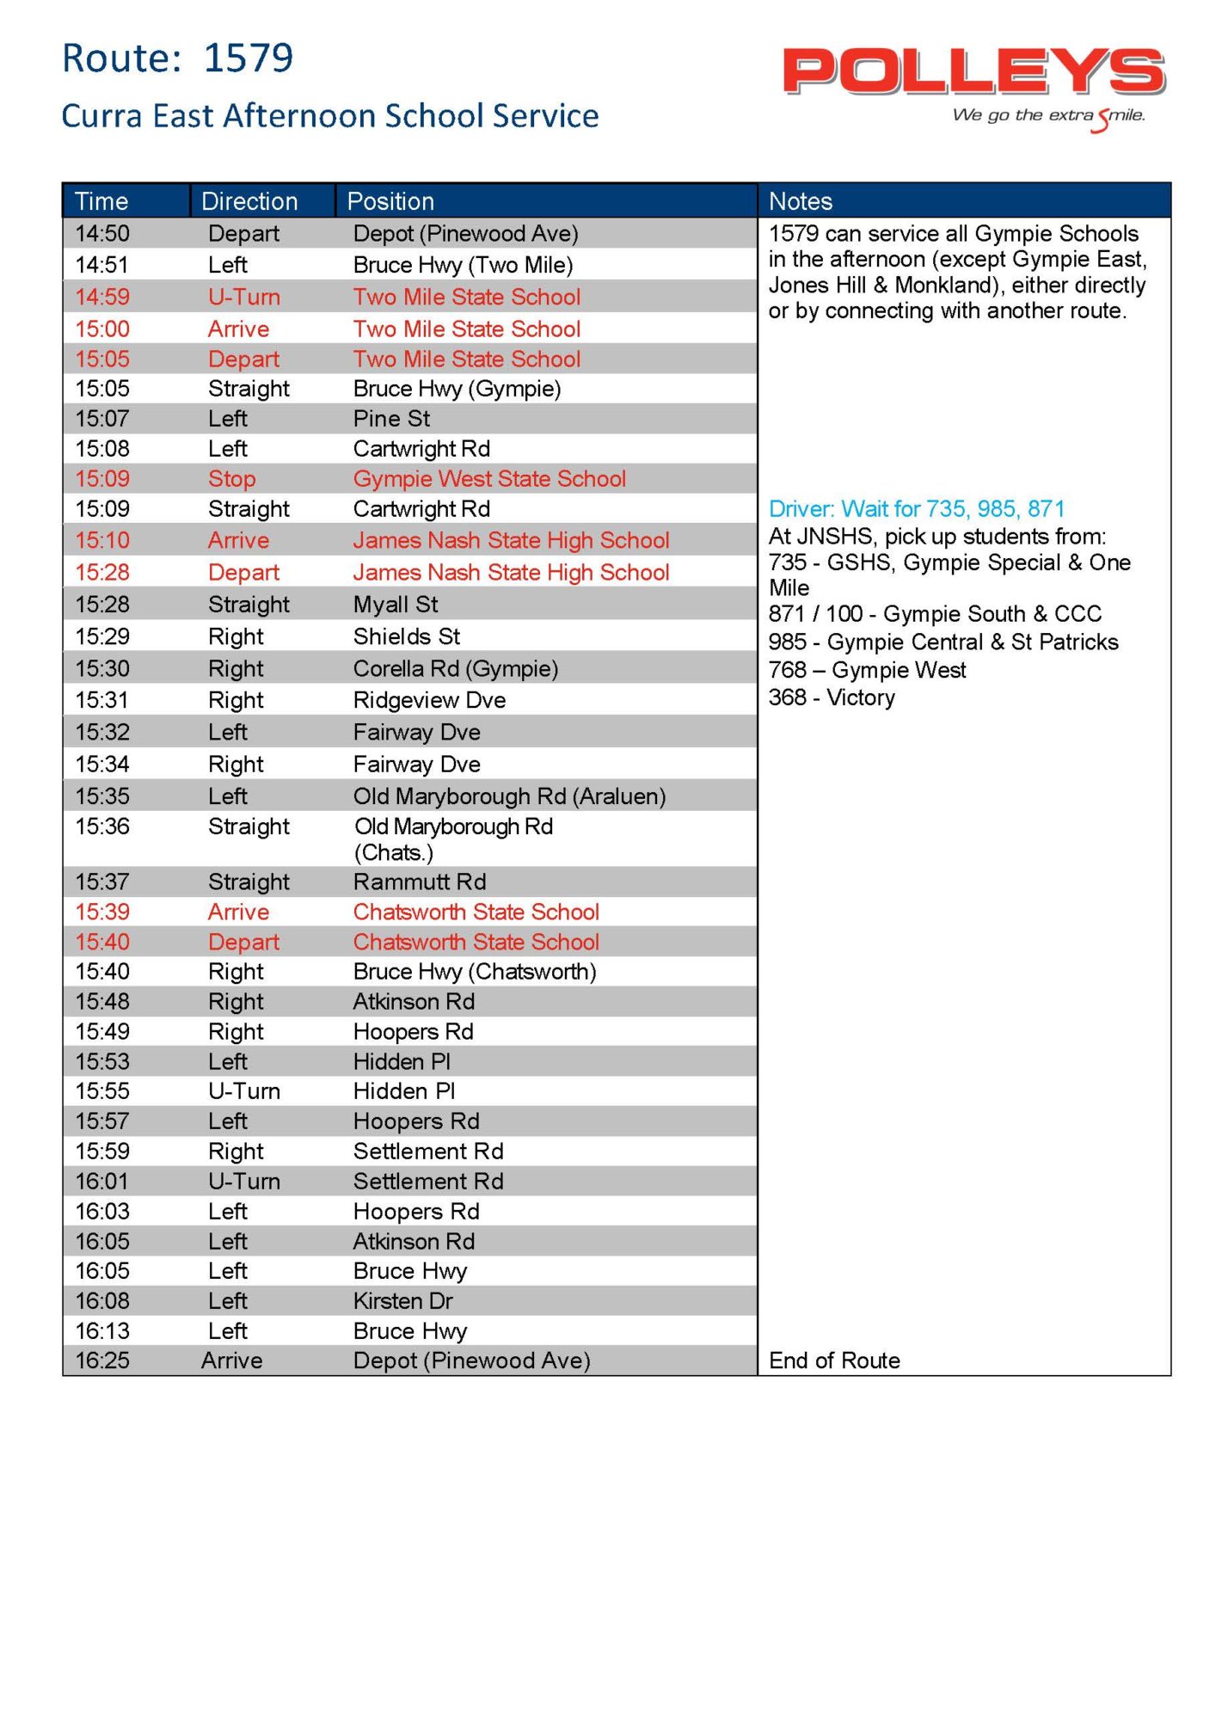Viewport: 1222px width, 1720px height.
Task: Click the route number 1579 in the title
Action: tap(249, 58)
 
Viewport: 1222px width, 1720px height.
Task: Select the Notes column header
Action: tap(801, 201)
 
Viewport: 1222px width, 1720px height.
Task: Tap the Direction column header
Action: tap(249, 201)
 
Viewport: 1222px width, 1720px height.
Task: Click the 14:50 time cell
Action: tap(102, 234)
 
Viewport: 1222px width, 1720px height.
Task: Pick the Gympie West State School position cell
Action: tap(489, 479)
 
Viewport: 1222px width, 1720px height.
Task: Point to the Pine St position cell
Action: tap(391, 419)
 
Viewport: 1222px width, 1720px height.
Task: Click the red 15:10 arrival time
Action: tap(102, 541)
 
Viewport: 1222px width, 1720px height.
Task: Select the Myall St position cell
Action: tap(396, 605)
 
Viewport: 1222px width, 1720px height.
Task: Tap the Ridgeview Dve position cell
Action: tap(429, 700)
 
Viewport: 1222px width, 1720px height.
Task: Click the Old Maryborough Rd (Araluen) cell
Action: tap(509, 796)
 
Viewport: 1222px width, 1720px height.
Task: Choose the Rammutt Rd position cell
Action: tap(420, 881)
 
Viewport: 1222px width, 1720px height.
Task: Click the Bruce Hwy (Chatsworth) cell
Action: tap(475, 972)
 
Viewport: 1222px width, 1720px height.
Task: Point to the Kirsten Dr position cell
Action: tap(402, 1301)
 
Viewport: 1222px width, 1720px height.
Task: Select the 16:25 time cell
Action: tap(102, 1361)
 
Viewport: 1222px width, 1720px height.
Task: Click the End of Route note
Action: tap(834, 1361)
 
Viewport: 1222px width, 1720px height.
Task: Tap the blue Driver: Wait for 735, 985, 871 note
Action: tap(917, 509)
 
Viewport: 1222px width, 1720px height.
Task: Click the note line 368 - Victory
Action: tap(832, 697)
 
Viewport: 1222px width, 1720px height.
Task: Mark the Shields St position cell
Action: tap(407, 636)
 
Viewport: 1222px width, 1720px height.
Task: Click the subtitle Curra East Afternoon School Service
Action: tap(330, 116)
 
